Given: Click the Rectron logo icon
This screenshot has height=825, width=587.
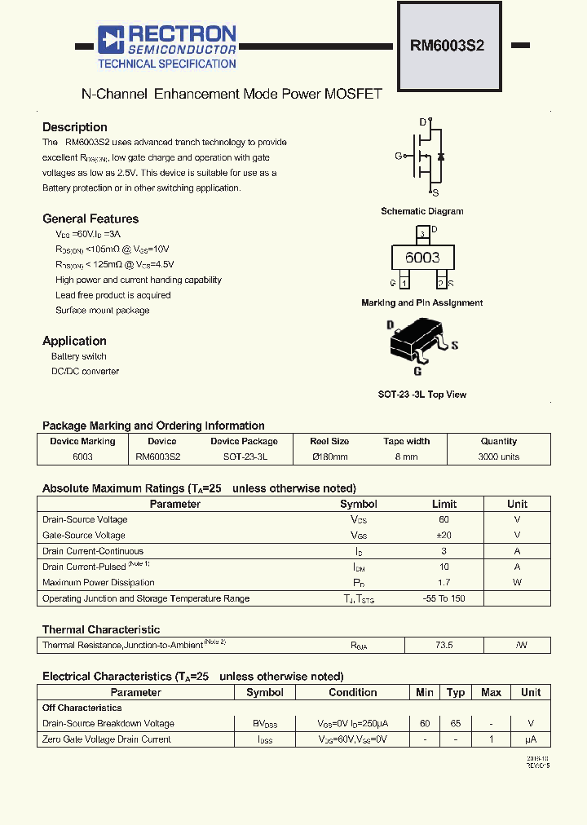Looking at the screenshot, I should pos(109,39).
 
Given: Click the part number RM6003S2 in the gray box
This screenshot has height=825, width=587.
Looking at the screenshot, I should pos(447,46).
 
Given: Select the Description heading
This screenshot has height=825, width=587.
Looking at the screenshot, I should pos(75,127).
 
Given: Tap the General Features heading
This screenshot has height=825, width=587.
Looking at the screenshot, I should pos(90,218).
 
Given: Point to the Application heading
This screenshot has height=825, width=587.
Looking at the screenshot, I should pos(74,341).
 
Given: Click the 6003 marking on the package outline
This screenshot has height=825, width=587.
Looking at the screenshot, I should pos(422,258).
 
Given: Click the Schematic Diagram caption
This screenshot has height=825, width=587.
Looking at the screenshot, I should pos(421,211).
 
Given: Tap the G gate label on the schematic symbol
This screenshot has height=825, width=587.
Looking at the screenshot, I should pos(398,156).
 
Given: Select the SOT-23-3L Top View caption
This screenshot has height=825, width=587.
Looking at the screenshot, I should pos(421,395).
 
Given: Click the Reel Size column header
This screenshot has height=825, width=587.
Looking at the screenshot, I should pos(329,441).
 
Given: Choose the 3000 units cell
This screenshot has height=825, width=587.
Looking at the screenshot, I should pos(498,457).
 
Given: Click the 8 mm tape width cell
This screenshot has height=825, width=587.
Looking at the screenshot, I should pos(406,457).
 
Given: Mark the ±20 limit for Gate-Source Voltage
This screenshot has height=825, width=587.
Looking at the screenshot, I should pos(444,536).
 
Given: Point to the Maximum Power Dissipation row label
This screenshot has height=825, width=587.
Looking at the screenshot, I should pos(98,583).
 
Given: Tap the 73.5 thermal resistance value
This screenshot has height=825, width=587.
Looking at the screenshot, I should pos(444,645).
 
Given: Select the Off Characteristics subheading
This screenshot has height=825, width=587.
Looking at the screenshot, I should pos(82,708).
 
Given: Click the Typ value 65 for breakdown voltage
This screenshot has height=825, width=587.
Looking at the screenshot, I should pos(456,724).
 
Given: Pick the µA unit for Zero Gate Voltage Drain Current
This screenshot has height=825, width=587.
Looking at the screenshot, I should pos(531,739).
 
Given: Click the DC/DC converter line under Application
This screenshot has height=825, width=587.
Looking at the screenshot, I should pos(85,372).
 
